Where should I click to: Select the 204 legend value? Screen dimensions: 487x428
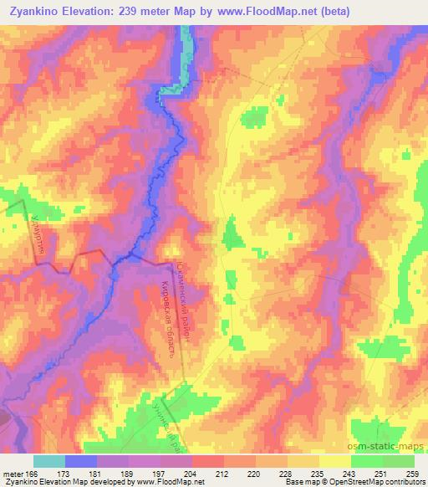tap(190, 473)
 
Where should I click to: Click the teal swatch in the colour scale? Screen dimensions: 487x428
tap(49, 461)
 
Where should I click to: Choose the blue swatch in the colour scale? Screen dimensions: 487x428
tap(81, 461)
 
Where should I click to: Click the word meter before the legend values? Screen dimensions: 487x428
tap(13, 473)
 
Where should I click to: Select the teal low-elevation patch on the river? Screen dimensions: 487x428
tap(173, 85)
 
